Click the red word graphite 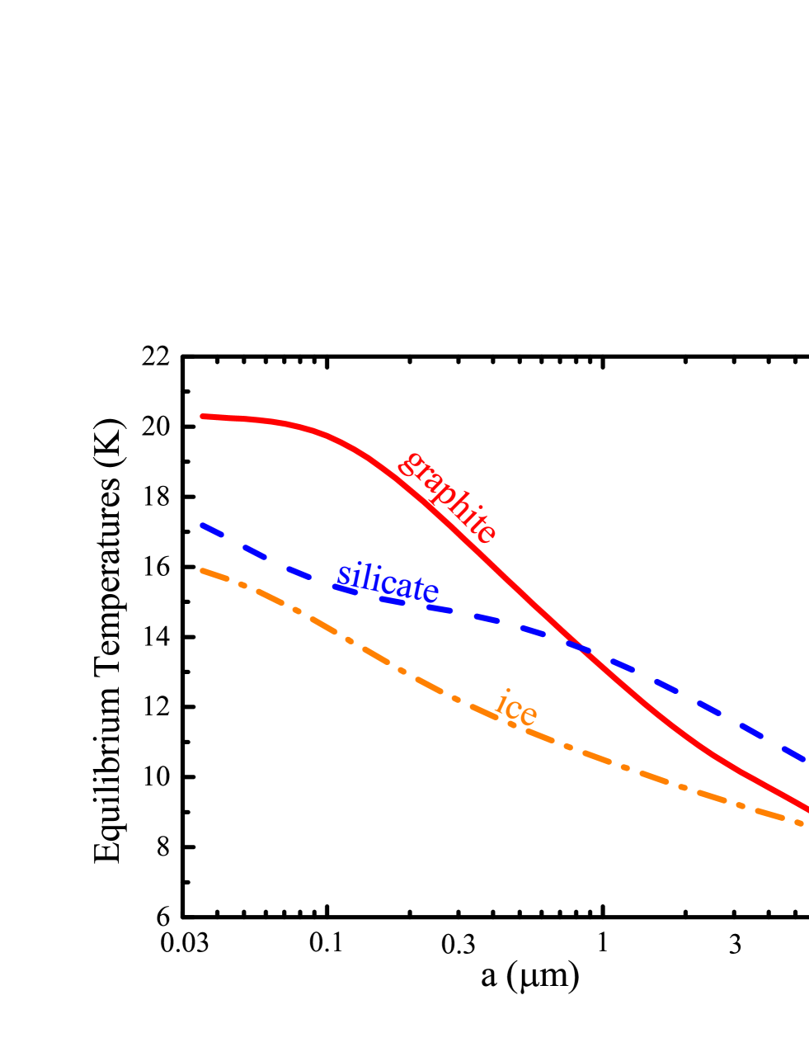(x=447, y=498)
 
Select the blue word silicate (x=387, y=582)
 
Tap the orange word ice (x=516, y=709)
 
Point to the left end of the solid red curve (x=204, y=417)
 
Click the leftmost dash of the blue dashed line (x=212, y=530)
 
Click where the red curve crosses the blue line (x=580, y=647)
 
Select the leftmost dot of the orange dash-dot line (x=242, y=586)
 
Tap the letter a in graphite (x=429, y=483)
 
